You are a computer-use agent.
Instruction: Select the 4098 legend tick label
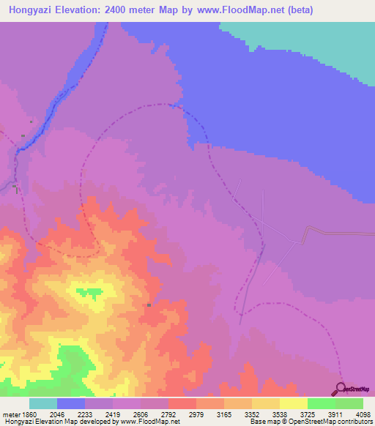[362, 414]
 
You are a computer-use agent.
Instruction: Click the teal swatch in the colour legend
[43, 403]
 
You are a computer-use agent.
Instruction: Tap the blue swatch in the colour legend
[71, 403]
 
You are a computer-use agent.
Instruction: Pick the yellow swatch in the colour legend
[293, 403]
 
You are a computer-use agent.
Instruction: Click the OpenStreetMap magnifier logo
[342, 388]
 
